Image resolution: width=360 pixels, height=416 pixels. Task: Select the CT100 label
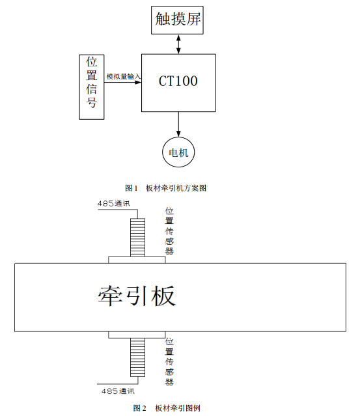point(178,81)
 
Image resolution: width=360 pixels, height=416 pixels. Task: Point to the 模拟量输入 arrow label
point(123,77)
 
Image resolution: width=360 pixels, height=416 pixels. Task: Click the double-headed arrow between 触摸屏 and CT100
point(178,44)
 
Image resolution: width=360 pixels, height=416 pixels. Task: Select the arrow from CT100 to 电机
point(178,124)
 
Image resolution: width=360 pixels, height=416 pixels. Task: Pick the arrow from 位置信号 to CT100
point(123,82)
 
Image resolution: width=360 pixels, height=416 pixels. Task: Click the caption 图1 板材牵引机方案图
point(165,188)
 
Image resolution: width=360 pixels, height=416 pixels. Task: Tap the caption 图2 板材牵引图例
point(167,408)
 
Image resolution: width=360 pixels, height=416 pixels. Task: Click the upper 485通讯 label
point(114,204)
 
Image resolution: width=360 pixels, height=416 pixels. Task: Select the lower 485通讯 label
point(118,391)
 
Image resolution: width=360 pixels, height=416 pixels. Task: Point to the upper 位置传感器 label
point(169,231)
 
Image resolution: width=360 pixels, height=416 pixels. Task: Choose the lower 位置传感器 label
point(169,361)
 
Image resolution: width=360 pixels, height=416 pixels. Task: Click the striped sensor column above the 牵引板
point(138,238)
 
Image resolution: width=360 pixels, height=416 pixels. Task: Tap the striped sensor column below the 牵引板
point(138,357)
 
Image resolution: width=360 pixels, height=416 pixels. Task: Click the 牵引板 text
point(137,296)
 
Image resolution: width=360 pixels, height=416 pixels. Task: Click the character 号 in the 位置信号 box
point(92,102)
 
